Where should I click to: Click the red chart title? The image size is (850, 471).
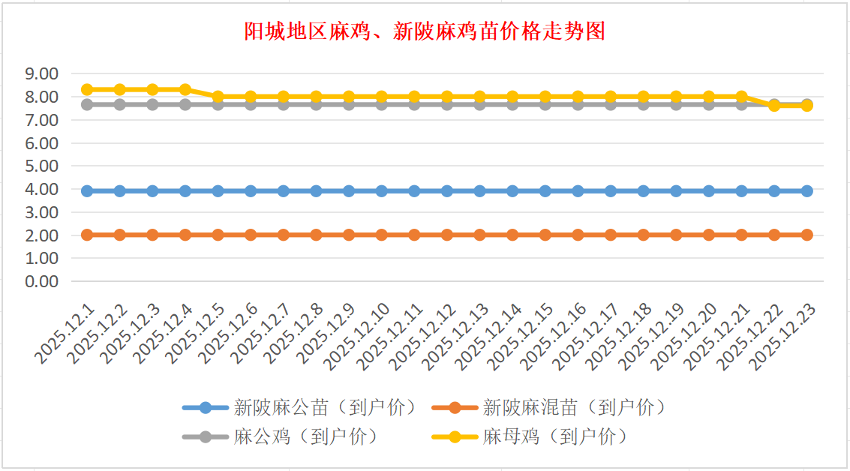tap(425, 31)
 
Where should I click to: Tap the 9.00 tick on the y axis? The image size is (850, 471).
tap(41, 73)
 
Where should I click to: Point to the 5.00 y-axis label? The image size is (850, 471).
tap(41, 166)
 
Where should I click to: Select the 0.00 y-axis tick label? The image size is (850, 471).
tap(41, 281)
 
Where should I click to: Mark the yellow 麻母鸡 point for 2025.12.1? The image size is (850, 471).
tap(87, 89)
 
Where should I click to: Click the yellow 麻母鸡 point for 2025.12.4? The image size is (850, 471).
tap(185, 89)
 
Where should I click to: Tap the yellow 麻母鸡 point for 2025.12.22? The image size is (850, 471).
tap(774, 106)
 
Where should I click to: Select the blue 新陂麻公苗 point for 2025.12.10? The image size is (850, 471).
tap(381, 191)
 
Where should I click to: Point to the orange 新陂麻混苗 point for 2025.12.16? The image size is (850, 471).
tap(578, 235)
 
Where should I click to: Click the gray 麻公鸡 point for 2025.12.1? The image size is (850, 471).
tap(87, 104)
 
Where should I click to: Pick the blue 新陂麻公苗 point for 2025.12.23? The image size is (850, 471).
tap(806, 191)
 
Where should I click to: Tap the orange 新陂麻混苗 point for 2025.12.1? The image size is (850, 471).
tap(87, 235)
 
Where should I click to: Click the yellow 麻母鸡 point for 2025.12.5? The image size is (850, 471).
tap(218, 96)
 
